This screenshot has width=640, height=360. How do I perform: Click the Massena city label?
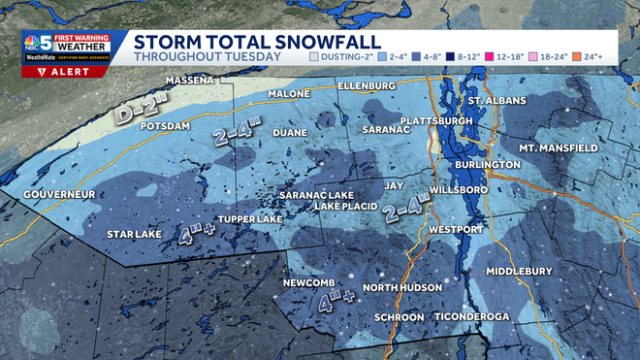[190, 80]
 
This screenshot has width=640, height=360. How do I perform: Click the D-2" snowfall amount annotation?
[139, 111]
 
